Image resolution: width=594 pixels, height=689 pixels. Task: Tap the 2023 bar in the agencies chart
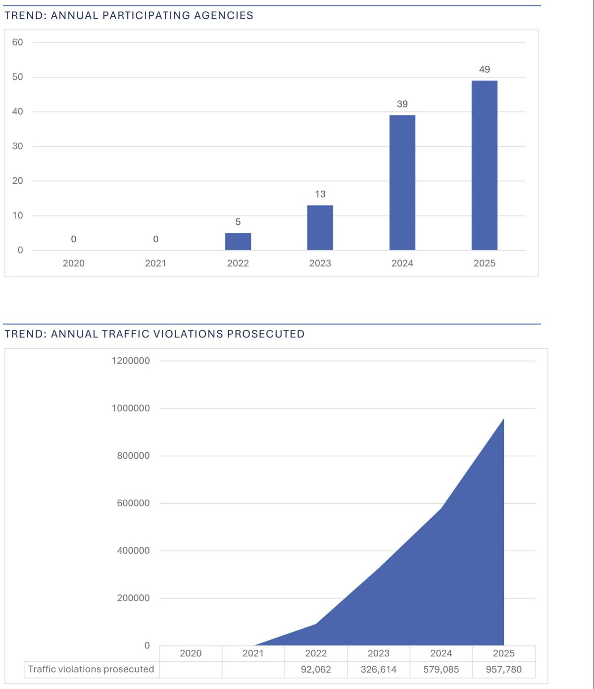pos(320,227)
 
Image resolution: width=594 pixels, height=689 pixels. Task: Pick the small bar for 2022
pos(238,241)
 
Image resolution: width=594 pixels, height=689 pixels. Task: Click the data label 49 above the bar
pos(484,70)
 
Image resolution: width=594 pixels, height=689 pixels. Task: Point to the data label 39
pos(402,104)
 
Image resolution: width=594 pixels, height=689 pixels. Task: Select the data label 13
pos(320,194)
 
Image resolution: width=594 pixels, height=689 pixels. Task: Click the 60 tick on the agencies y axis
pos(17,42)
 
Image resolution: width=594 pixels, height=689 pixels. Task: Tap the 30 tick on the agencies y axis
pos(17,146)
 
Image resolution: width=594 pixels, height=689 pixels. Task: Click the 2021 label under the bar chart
pos(155,264)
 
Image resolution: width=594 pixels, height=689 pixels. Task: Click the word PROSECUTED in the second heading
pos(265,334)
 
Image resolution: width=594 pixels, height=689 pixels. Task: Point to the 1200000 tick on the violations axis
pos(131,361)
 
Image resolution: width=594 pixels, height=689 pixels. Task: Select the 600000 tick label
pos(133,503)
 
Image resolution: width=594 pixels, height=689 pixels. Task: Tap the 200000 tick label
pos(133,598)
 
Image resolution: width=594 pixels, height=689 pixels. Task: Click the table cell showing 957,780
pos(503,670)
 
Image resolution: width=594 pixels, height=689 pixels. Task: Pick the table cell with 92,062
pos(316,670)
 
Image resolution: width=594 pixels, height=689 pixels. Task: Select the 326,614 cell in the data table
pos(378,670)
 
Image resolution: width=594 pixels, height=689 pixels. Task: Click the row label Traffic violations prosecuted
pos(91,669)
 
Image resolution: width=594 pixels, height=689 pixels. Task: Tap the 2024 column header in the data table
pos(441,653)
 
